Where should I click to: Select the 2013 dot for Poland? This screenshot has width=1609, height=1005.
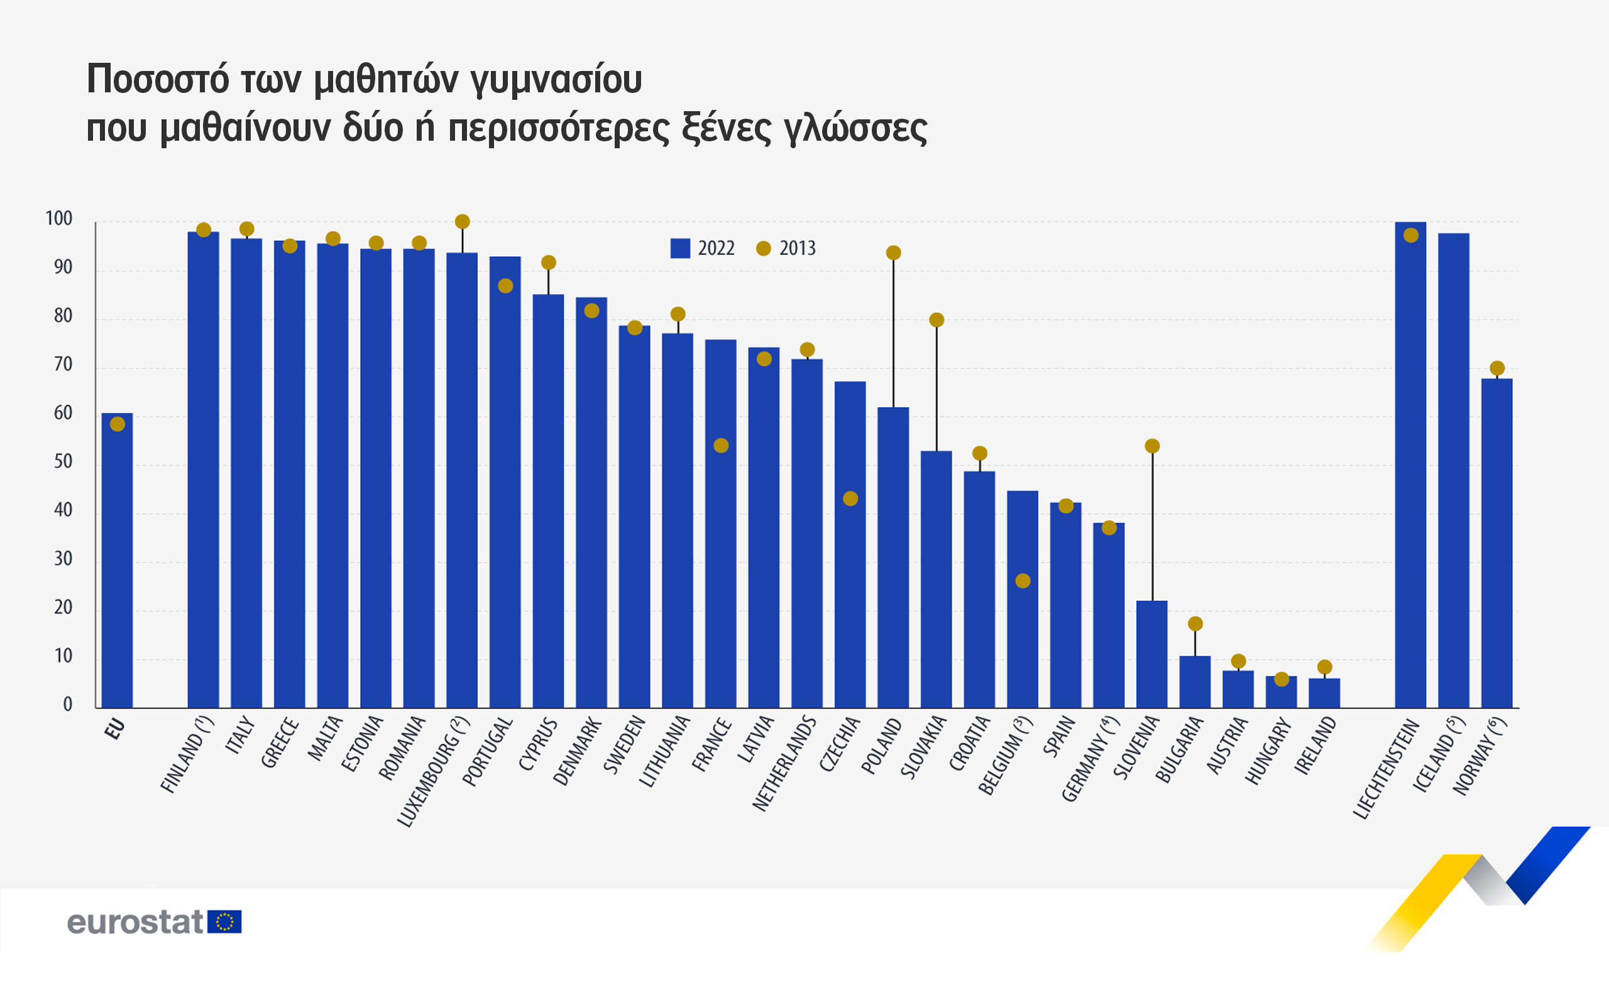[x=893, y=253]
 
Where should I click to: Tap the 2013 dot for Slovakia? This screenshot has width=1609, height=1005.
[x=936, y=320]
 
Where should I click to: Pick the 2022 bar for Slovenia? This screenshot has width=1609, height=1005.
[x=1151, y=654]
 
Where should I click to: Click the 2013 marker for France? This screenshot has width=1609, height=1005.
[x=721, y=445]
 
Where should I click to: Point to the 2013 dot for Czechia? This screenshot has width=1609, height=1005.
[x=850, y=499]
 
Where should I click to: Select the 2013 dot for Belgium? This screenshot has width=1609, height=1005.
[x=1023, y=581]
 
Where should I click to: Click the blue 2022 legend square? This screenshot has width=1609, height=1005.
[x=679, y=248]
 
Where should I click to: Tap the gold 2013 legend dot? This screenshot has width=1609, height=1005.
[x=763, y=248]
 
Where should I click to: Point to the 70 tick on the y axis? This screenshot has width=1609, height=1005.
[x=63, y=365]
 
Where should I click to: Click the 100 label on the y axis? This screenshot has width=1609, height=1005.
[x=58, y=219]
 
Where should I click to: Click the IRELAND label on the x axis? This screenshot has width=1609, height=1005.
[x=1315, y=746]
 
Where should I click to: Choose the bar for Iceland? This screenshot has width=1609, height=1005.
[x=1453, y=470]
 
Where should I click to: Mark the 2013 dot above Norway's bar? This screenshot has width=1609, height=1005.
[x=1496, y=368]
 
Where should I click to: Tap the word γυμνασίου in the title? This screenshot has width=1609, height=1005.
[x=556, y=79]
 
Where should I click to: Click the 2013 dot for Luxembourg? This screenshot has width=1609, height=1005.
[x=462, y=221]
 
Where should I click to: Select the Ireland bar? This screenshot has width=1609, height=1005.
[x=1324, y=693]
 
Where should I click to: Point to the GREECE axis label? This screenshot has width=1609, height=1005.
[x=280, y=743]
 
